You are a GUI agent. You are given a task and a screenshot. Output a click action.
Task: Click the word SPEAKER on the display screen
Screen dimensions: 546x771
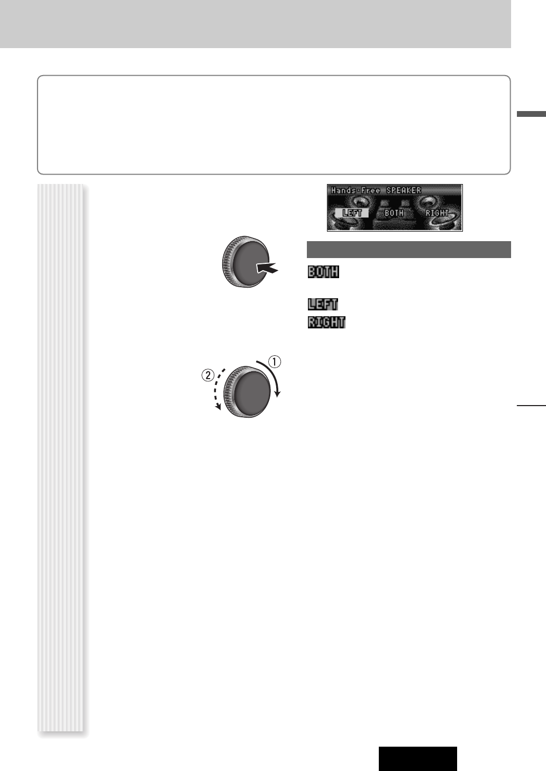point(404,190)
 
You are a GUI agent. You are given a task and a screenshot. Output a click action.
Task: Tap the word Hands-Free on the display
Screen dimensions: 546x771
point(356,190)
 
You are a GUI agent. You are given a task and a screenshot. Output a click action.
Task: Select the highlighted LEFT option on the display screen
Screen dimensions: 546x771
point(352,213)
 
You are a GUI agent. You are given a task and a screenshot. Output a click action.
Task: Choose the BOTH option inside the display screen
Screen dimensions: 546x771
point(394,213)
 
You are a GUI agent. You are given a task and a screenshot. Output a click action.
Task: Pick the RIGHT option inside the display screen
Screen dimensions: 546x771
point(437,213)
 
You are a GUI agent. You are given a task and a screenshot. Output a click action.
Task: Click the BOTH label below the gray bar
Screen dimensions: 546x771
point(323,272)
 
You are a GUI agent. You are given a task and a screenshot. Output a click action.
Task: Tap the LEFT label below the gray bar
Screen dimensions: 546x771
point(323,304)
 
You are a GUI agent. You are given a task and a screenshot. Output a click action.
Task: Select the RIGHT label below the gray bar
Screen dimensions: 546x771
point(326,322)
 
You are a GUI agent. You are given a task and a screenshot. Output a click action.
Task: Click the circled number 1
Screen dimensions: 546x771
point(275,362)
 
